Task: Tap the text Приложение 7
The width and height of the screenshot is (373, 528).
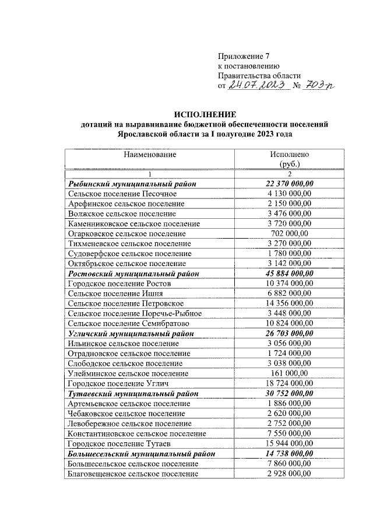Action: [x=244, y=57]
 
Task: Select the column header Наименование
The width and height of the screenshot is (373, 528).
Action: [x=149, y=155]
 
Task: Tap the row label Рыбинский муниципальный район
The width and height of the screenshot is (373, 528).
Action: [x=131, y=184]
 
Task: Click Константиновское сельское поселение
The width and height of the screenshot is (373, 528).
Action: [x=136, y=433]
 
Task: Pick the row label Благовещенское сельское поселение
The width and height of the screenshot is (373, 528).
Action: [x=133, y=473]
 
